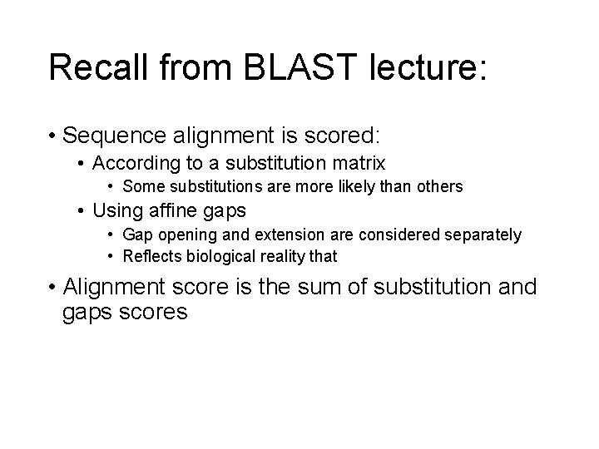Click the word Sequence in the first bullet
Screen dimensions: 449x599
click(x=111, y=135)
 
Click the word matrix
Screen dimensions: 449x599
click(x=357, y=162)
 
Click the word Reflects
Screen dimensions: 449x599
click(x=151, y=256)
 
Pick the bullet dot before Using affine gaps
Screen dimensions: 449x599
click(x=81, y=211)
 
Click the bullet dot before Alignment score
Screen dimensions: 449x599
click(x=52, y=289)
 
